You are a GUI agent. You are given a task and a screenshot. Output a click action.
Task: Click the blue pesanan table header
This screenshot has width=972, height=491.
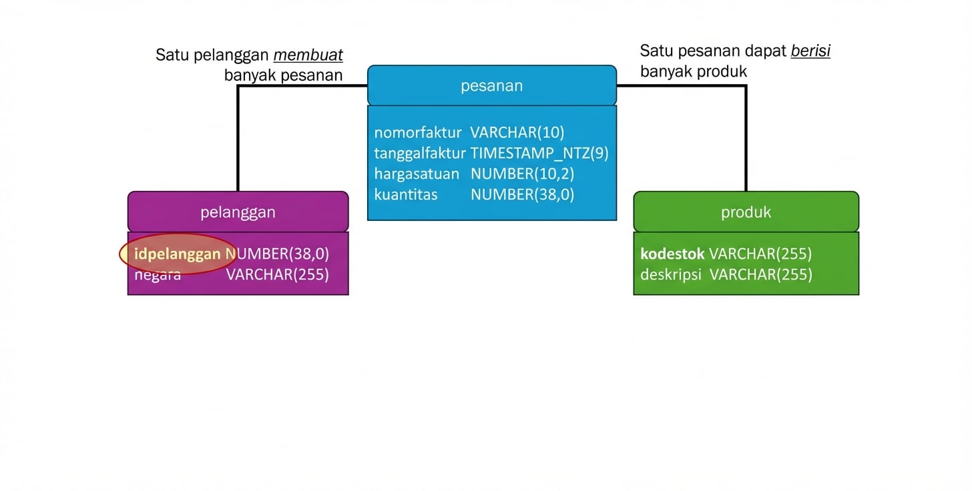pos(492,85)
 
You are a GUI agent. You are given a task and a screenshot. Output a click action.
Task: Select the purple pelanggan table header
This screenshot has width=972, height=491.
pos(238,212)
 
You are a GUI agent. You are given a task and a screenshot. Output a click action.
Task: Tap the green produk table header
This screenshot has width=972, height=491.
pos(746,212)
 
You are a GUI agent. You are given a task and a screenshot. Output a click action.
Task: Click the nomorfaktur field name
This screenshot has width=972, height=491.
pos(418,133)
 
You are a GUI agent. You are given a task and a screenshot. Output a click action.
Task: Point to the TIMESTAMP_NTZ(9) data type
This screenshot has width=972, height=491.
pos(539,153)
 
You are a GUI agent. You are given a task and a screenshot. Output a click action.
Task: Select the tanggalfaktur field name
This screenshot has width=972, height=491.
pos(419,153)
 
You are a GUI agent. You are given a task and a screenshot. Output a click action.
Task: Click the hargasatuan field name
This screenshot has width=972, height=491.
pos(417,174)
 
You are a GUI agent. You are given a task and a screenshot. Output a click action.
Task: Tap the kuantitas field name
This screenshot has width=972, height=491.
pos(406,195)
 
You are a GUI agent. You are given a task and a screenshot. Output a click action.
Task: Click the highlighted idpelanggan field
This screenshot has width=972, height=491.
pos(178,254)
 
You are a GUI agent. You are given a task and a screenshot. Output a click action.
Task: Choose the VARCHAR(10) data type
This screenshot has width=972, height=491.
pos(517,133)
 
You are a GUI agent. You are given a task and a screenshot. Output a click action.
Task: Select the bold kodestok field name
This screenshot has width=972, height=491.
pos(672,254)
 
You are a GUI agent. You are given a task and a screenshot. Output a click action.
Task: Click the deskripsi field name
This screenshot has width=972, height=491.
pos(671,274)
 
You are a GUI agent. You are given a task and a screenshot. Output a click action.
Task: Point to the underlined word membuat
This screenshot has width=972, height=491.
pos(308,55)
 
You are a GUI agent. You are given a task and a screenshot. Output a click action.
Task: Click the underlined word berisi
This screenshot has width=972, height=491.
pos(810,51)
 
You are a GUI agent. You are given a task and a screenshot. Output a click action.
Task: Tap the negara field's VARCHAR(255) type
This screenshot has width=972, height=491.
pos(277,274)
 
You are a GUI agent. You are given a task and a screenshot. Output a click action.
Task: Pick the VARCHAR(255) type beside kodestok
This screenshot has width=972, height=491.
pos(760,254)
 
